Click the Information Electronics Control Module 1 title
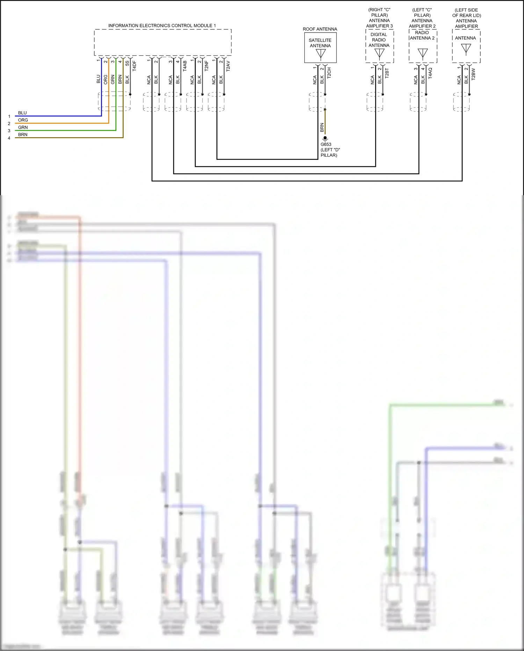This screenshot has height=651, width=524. coord(162,26)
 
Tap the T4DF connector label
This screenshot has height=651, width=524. coord(134,66)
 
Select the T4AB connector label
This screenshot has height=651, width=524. coord(185,66)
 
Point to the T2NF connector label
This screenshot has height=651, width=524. coord(206,66)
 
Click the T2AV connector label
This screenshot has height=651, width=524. coord(228,66)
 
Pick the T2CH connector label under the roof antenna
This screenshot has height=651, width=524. coord(329,73)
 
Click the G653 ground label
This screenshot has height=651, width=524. coord(326,144)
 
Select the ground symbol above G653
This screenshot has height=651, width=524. coord(325,139)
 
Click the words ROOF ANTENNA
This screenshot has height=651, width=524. coord(320,29)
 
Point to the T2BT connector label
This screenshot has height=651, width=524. coord(387,73)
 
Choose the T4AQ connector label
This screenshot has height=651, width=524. coord(430,73)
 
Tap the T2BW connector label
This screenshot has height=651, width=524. coord(473,74)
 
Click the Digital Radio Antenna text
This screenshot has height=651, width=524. coord(379,40)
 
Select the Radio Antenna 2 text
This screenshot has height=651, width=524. coord(422,35)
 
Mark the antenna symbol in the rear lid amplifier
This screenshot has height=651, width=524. coord(466,49)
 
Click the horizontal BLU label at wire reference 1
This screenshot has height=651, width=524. coord(22,113)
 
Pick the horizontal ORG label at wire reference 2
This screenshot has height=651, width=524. coord(23,120)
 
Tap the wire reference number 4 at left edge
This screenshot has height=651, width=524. coord(9,138)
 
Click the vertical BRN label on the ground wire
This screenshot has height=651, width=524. coord(322,127)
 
